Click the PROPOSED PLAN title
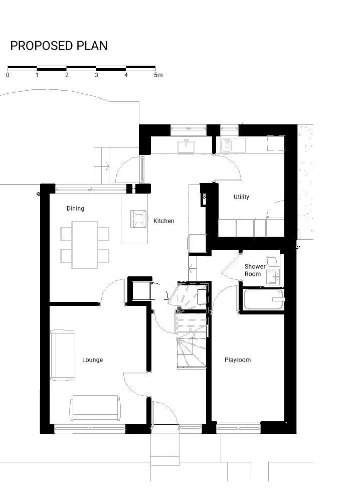coord(59,46)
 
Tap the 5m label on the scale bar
coord(158,75)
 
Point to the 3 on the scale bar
coord(96,75)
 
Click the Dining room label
coord(75,208)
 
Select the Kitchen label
coord(164,221)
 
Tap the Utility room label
coord(241,197)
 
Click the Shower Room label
coord(255,270)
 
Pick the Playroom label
coord(238,360)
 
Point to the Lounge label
coord(92,360)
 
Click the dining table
coord(85,245)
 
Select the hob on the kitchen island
coord(138,219)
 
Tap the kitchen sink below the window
coord(187,146)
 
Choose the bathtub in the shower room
coord(264,299)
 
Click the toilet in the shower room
coord(272,261)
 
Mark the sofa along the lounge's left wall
coord(63,355)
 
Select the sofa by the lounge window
coord(95,408)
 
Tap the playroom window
coord(238,427)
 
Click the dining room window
coord(91,190)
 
